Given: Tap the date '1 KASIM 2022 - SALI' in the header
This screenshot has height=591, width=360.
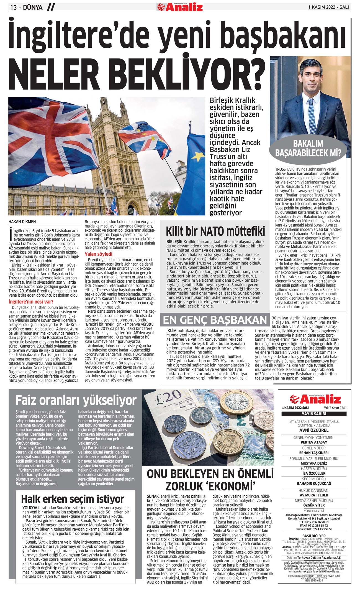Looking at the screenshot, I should coord(328,7).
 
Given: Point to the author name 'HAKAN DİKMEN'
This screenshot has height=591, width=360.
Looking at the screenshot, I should coord(22,221).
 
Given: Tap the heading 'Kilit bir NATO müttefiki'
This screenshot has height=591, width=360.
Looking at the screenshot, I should coord(215,231).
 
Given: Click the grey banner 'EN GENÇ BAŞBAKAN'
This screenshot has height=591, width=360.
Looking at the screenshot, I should coord(215,320).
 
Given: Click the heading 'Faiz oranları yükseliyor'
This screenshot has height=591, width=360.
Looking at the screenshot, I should coord(76,400).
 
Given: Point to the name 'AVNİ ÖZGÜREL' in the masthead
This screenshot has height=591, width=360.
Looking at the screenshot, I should coord(314,430).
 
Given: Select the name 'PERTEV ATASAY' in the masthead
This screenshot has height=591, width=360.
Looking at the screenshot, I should coord(314,442).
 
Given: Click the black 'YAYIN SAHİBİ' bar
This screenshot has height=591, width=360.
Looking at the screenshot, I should coord(314,414).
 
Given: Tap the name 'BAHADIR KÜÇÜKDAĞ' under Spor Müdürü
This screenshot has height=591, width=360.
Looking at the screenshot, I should coord(314,483).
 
